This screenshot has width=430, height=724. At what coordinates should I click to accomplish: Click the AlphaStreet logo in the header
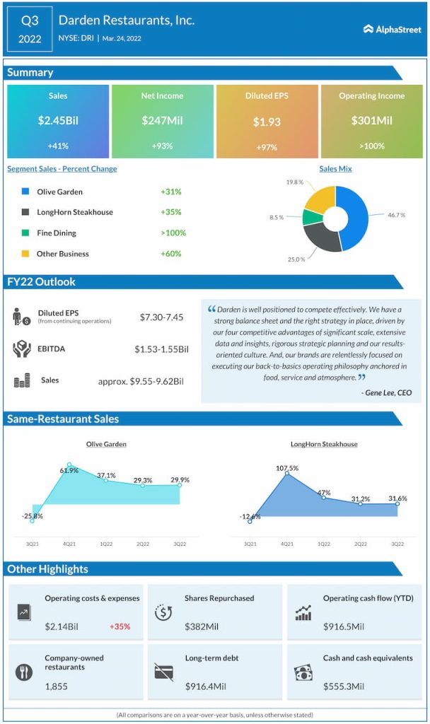pos(393,29)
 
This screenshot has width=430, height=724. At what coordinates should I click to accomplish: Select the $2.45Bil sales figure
pos(58,120)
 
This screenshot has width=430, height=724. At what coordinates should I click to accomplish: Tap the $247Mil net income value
pos(162,120)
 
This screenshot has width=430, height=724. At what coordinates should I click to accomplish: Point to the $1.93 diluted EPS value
pos(267,122)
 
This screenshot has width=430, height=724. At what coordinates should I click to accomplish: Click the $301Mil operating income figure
pos(371,120)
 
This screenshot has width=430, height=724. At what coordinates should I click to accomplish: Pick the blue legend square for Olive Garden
pos(25,192)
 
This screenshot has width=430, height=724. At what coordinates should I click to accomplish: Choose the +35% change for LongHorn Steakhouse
pos(170,212)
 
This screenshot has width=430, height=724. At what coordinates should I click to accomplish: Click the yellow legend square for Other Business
pos(25,253)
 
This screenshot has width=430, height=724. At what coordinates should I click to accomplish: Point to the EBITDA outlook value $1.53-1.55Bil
pos(162,349)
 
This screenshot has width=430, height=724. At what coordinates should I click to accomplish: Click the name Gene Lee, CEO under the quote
pos(385,392)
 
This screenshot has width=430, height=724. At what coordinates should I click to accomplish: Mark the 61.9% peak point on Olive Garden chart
pos(69,465)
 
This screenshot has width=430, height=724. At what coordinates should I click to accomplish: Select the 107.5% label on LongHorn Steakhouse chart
pos(286,468)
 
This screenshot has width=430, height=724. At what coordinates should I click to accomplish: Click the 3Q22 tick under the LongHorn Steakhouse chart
pos(397,544)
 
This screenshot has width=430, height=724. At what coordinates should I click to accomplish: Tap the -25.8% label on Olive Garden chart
pos(32,516)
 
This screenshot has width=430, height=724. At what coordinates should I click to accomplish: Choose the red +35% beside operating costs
pos(120,626)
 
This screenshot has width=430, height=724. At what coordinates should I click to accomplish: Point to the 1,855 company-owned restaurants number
pos(57,687)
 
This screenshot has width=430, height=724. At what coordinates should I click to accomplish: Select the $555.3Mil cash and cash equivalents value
pos(344,687)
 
